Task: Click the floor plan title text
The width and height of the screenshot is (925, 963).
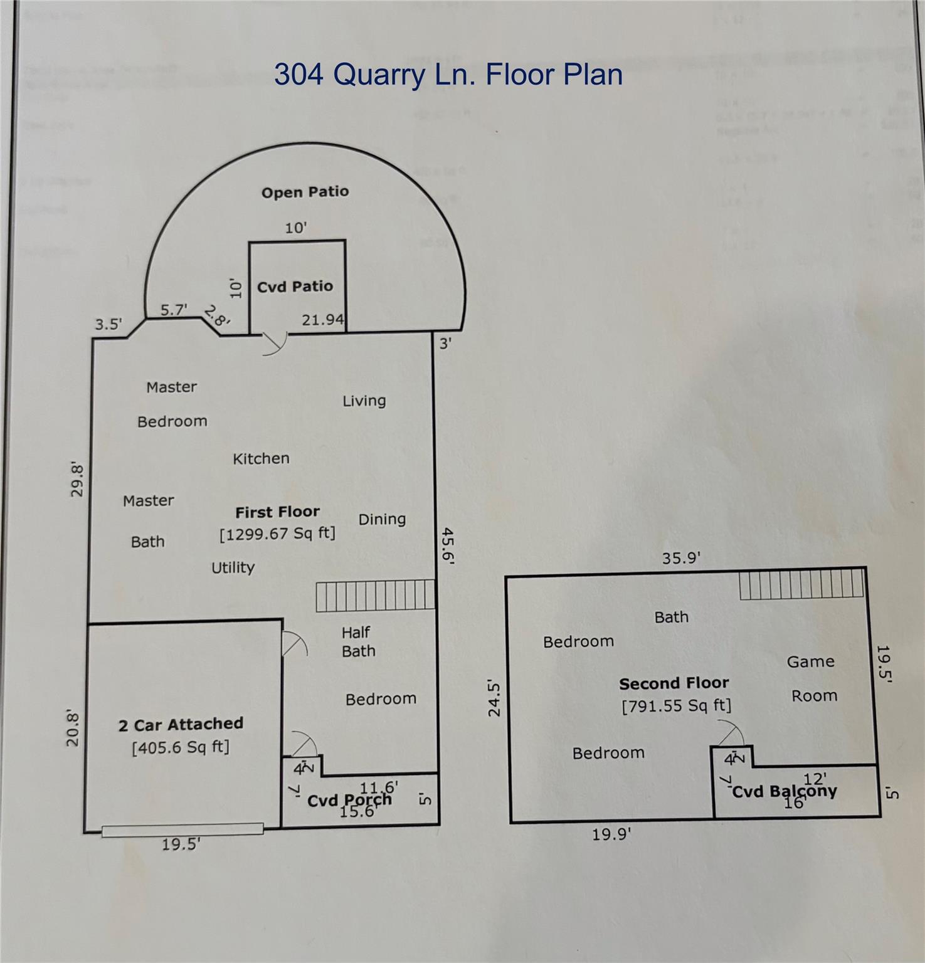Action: [448, 75]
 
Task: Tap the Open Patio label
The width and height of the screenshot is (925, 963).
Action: [305, 192]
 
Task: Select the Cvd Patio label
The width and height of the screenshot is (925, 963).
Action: [295, 287]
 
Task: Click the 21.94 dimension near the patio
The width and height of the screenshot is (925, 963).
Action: [322, 320]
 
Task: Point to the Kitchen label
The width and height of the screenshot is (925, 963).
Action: [261, 459]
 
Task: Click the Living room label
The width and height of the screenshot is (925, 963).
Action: [364, 401]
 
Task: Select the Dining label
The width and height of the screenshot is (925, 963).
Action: [382, 519]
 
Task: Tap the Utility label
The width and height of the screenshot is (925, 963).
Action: [233, 567]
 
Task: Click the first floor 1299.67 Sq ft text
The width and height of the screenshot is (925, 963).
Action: [277, 534]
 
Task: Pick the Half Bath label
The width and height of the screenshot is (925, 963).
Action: [358, 642]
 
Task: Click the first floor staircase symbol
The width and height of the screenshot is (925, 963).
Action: [375, 595]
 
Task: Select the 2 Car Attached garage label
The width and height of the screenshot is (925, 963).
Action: [181, 725]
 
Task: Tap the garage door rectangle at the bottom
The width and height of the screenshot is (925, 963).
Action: [182, 829]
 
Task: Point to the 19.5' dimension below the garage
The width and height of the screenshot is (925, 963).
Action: [181, 845]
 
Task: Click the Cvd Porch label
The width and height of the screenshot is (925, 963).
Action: [349, 800]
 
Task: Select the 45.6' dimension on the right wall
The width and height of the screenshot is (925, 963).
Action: [448, 545]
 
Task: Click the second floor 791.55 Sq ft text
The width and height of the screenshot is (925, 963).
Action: [676, 706]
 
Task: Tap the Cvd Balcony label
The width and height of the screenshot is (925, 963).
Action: [784, 791]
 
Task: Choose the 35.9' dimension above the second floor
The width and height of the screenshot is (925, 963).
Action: [681, 558]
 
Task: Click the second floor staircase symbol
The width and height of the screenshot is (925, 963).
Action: [801, 584]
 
